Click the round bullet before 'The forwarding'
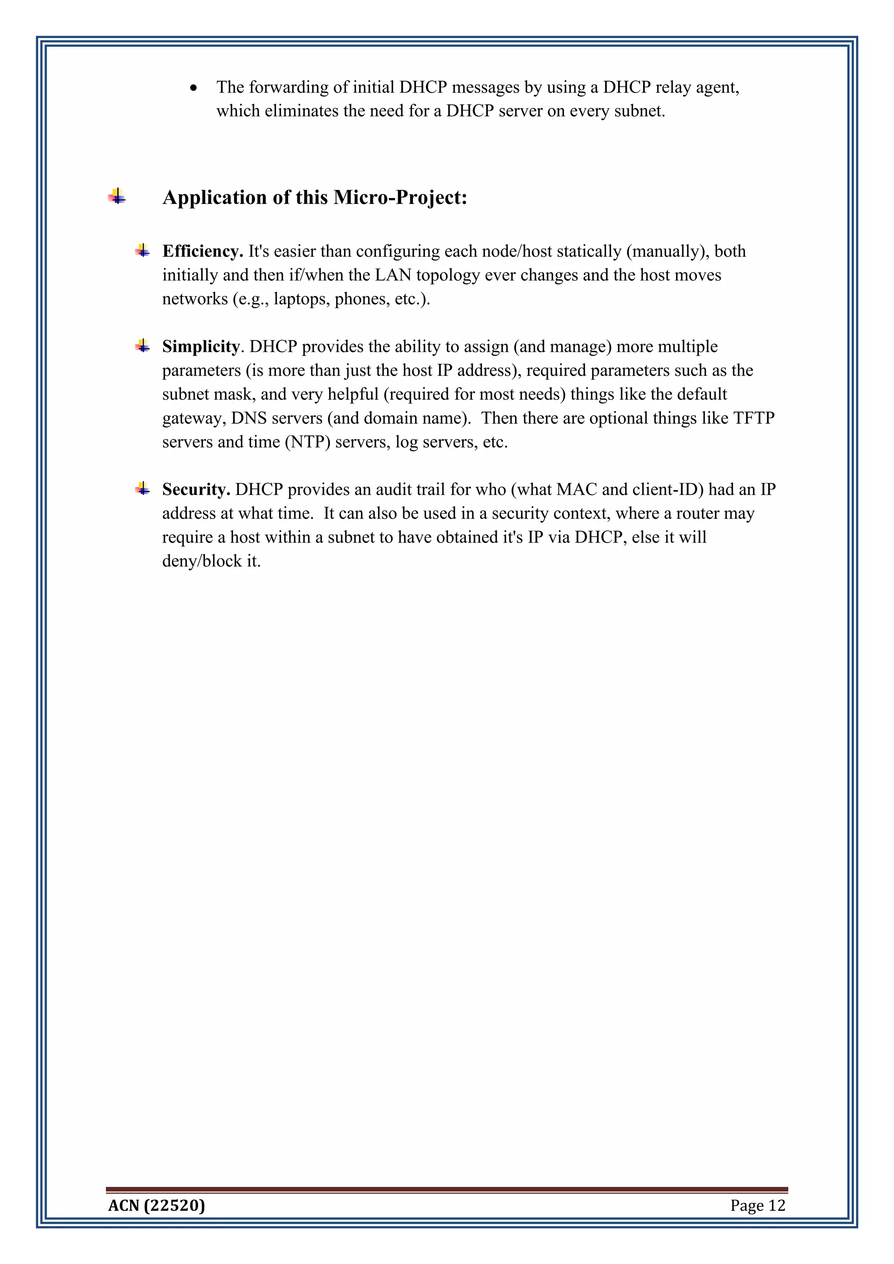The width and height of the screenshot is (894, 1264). click(x=193, y=88)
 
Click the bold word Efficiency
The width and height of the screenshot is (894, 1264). click(x=202, y=251)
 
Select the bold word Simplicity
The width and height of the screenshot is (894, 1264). click(x=200, y=347)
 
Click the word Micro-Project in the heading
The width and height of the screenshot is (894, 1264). click(x=400, y=198)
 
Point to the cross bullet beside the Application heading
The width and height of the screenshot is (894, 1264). click(x=117, y=196)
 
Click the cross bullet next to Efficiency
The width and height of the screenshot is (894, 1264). click(x=143, y=251)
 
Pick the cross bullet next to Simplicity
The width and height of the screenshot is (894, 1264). click(x=143, y=346)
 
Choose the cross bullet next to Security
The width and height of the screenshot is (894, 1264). click(x=143, y=489)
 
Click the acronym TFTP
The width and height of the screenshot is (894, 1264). click(x=753, y=419)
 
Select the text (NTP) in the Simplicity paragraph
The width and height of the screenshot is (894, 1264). click(x=307, y=442)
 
